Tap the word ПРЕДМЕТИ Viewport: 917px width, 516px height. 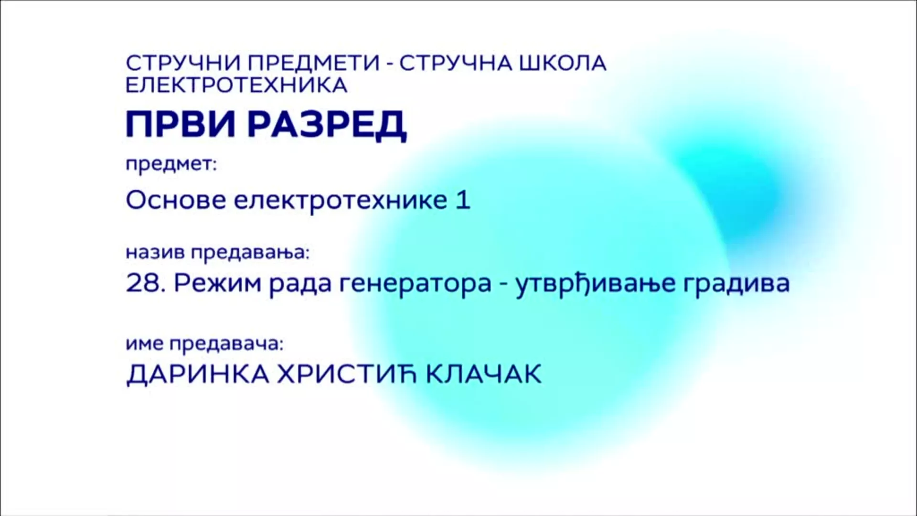[310, 63]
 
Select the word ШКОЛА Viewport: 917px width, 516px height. [563, 63]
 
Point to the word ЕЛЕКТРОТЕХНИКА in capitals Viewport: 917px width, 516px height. [236, 85]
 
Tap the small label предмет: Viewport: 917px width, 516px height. [171, 165]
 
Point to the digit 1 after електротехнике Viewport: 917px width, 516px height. [464, 201]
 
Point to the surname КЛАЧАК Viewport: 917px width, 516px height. [483, 374]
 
